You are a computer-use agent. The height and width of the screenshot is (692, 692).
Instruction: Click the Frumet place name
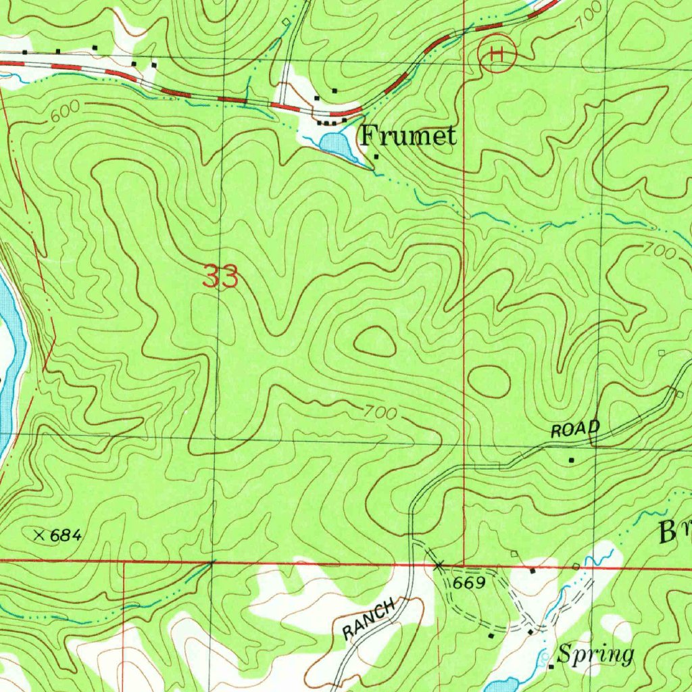(407, 136)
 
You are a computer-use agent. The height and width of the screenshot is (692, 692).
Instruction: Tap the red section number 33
(221, 278)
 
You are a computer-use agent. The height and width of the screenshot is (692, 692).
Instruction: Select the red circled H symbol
(497, 53)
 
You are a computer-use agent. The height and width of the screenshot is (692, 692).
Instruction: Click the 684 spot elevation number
(66, 536)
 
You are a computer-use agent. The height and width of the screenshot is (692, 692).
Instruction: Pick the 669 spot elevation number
(470, 583)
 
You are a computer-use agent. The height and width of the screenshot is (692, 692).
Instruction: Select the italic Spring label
(596, 654)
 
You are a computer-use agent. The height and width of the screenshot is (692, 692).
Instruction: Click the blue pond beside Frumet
(336, 145)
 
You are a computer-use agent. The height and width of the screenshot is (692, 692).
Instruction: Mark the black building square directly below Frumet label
(376, 157)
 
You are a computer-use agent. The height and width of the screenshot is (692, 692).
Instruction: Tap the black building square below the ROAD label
(571, 460)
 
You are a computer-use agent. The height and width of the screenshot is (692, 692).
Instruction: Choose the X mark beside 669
(439, 564)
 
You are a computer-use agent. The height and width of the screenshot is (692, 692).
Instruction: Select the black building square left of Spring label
(551, 666)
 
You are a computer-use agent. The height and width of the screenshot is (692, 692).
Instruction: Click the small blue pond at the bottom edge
(501, 685)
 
